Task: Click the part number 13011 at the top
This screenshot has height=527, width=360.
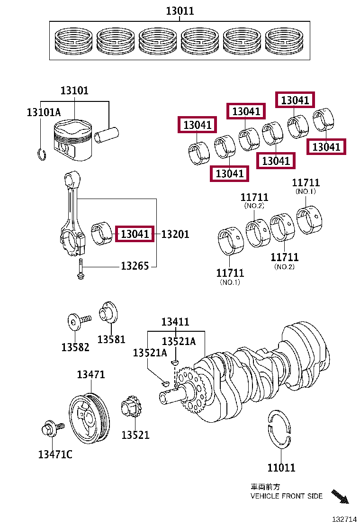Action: click(180, 11)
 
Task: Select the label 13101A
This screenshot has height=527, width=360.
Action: click(44, 112)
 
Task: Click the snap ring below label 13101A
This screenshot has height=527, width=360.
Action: click(42, 155)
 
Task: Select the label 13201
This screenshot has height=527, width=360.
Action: click(175, 234)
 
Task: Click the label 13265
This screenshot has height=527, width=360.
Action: click(135, 266)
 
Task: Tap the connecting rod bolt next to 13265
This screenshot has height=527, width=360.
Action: click(81, 269)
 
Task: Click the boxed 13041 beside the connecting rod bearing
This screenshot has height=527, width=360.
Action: click(135, 234)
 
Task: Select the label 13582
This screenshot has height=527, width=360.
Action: click(75, 347)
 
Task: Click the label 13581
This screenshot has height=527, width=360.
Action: click(111, 339)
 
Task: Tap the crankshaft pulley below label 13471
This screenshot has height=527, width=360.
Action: click(89, 418)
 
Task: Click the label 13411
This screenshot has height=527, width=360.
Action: click(175, 322)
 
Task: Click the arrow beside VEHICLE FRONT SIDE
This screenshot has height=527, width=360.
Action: click(340, 496)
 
